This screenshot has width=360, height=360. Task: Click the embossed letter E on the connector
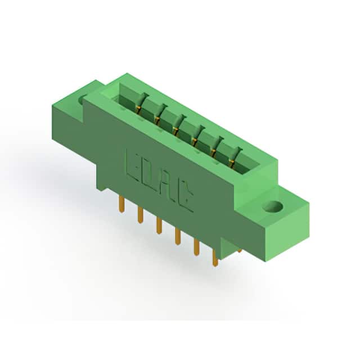132,164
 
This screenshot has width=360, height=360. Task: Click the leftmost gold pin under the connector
122,205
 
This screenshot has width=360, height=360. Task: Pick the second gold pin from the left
140,215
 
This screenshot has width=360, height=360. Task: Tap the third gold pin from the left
159,226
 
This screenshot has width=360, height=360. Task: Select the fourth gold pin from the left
177,236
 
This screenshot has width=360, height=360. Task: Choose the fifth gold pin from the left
196,247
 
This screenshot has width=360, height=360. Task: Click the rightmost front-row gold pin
215,258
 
